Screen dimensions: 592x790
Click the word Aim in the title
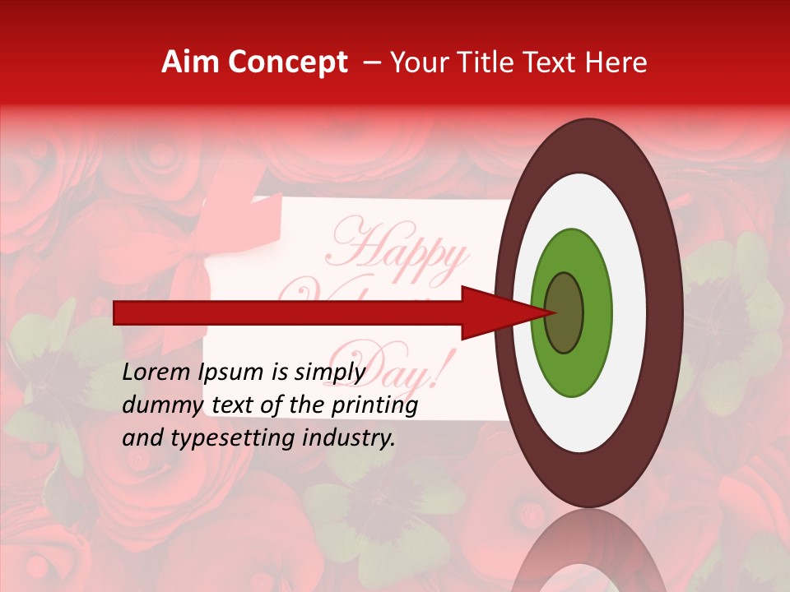191,62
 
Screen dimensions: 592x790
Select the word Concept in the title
286,62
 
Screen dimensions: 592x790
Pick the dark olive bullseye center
565,313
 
